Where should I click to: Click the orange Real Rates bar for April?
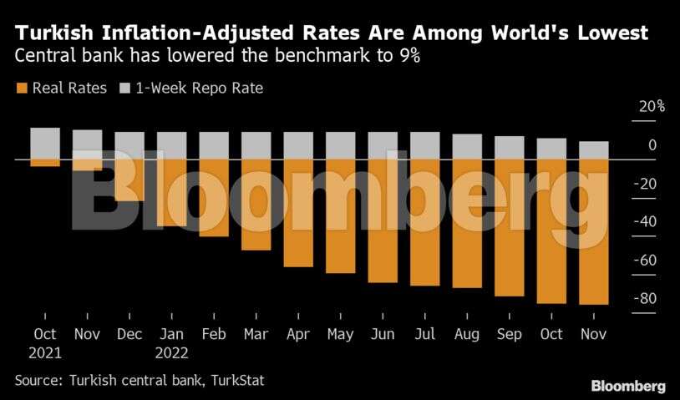point(298,213)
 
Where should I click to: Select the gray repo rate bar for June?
point(383,145)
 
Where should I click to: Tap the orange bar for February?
point(214,198)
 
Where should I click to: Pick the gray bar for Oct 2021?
point(45,143)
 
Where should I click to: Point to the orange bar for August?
point(467,223)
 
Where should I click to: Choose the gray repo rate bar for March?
point(256,145)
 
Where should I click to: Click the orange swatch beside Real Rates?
point(21,88)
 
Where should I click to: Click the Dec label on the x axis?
point(129,334)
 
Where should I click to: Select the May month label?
point(340,334)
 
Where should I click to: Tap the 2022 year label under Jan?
point(172,352)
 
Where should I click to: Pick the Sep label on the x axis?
point(510,334)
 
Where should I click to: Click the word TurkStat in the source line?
point(235,380)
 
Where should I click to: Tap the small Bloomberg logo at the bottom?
point(628,386)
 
